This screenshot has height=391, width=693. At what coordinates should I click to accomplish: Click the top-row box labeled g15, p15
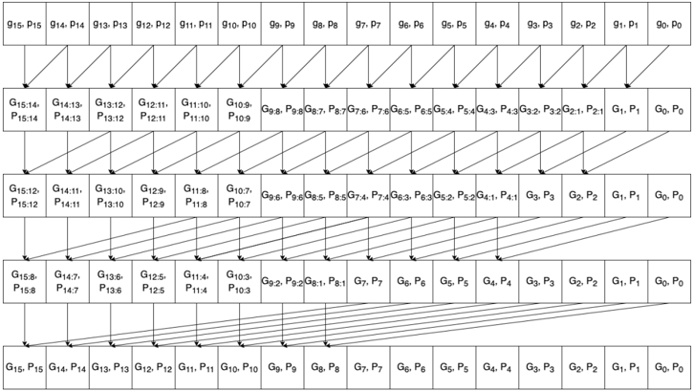click(24, 24)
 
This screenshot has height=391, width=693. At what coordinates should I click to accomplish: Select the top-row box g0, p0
click(669, 24)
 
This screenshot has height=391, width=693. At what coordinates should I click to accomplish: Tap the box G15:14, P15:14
click(24, 110)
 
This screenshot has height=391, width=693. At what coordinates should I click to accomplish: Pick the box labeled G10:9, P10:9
click(239, 110)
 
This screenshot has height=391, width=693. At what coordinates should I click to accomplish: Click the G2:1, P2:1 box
click(583, 110)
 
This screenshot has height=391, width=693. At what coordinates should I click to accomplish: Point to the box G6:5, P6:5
click(411, 110)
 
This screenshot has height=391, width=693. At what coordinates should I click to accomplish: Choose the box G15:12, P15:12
click(24, 196)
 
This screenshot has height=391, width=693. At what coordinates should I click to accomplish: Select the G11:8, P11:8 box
click(196, 196)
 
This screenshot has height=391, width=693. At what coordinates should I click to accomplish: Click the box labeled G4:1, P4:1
click(497, 196)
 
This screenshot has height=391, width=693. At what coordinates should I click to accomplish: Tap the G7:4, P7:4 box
click(368, 196)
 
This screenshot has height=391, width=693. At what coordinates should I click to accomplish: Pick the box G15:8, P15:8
click(24, 282)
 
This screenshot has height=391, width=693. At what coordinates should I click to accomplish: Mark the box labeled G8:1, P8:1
click(325, 282)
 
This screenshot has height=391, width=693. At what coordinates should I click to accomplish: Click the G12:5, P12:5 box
click(153, 282)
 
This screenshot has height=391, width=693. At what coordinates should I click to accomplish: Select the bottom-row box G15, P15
click(24, 368)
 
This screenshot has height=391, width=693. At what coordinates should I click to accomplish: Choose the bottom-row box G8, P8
click(325, 368)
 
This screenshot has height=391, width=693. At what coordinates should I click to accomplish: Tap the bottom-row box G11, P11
click(196, 368)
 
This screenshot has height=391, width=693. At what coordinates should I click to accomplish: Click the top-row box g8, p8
click(325, 24)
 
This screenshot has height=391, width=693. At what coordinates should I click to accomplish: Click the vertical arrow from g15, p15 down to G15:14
click(24, 67)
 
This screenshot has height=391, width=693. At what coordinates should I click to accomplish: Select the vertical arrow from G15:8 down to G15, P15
click(24, 325)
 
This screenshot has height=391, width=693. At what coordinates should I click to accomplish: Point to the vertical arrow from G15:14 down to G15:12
click(24, 153)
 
